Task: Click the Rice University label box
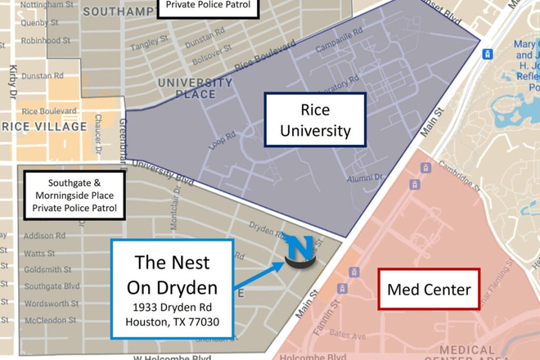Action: [x=315, y=119]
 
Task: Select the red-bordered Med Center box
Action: [x=429, y=290]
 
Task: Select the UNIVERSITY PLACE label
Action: [x=195, y=88]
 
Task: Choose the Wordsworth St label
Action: [x=50, y=303]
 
